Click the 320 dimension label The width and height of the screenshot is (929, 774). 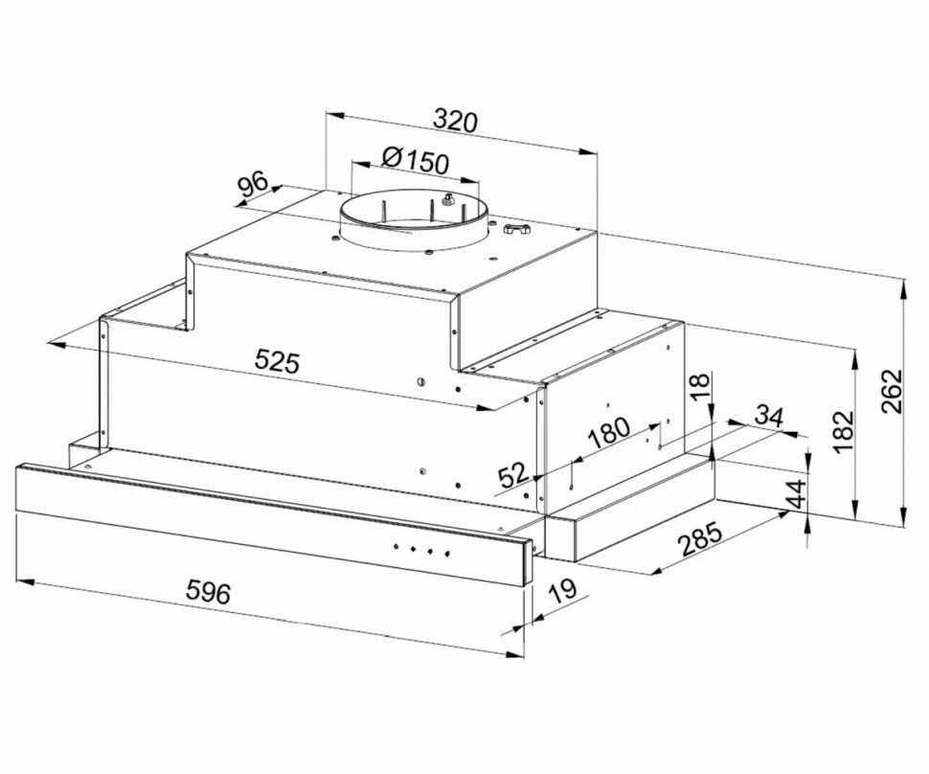(455, 122)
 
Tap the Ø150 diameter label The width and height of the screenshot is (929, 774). (415, 159)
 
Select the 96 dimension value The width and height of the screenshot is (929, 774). (253, 186)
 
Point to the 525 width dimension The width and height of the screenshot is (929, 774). (278, 361)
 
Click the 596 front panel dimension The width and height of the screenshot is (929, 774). (208, 592)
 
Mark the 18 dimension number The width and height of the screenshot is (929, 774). (701, 386)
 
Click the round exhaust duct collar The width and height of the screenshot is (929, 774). (414, 222)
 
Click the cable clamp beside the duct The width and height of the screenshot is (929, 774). (517, 231)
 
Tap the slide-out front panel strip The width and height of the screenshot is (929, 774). (268, 509)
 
